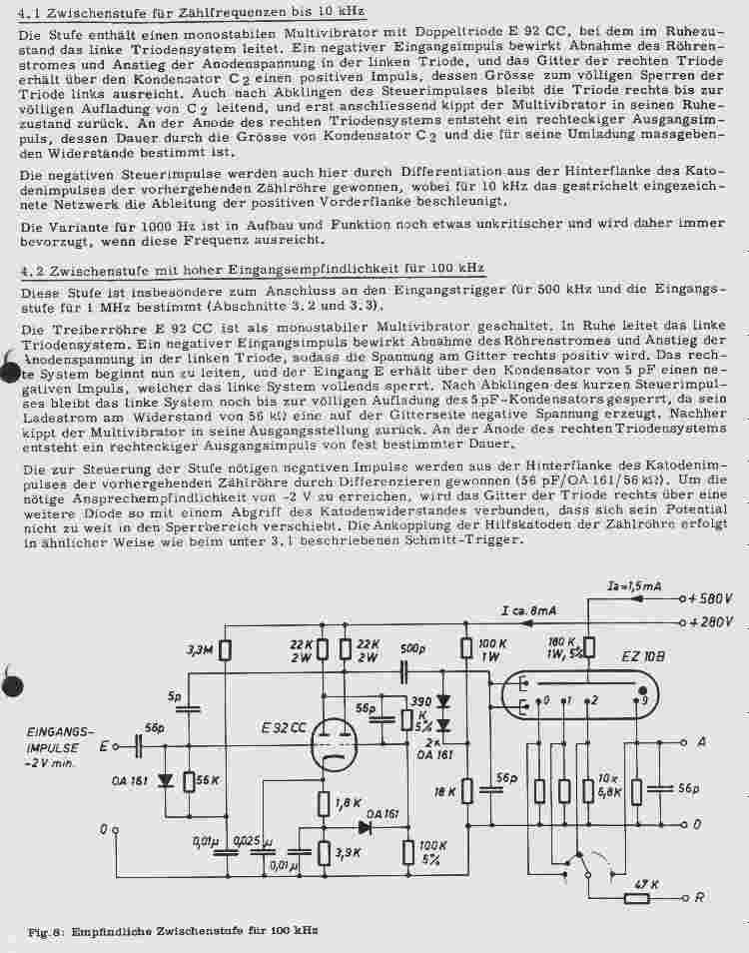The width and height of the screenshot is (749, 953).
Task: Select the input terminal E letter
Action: (103, 746)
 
